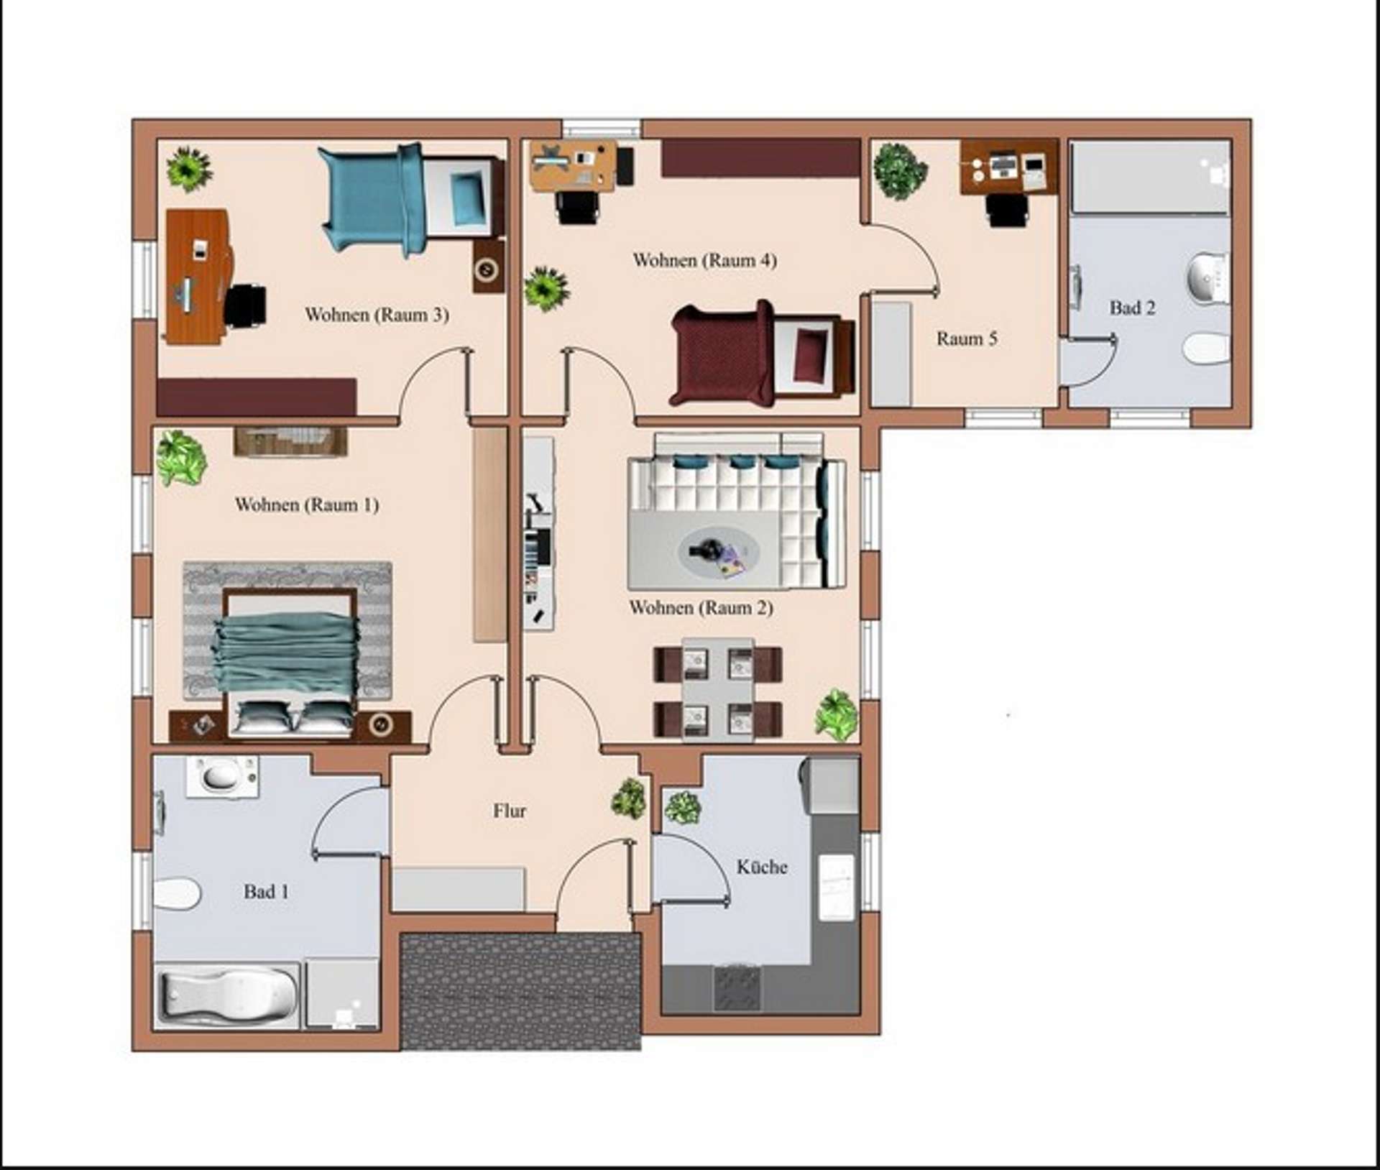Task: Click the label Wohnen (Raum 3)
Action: tap(377, 315)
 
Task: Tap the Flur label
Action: tap(510, 811)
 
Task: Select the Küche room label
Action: tap(762, 867)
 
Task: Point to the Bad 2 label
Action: tap(1132, 308)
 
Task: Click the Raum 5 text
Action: tap(967, 338)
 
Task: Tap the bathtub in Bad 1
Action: tap(228, 995)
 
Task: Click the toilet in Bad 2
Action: tap(1207, 349)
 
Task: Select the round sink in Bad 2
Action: tap(1208, 276)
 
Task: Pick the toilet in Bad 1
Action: tap(176, 894)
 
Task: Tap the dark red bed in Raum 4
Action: tap(763, 354)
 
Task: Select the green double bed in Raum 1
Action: tap(287, 662)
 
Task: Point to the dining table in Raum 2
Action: tap(717, 690)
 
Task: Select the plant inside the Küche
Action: tap(682, 807)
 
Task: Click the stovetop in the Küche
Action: tap(737, 988)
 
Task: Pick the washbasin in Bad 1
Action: tap(222, 776)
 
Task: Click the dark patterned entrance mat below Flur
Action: tap(520, 991)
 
